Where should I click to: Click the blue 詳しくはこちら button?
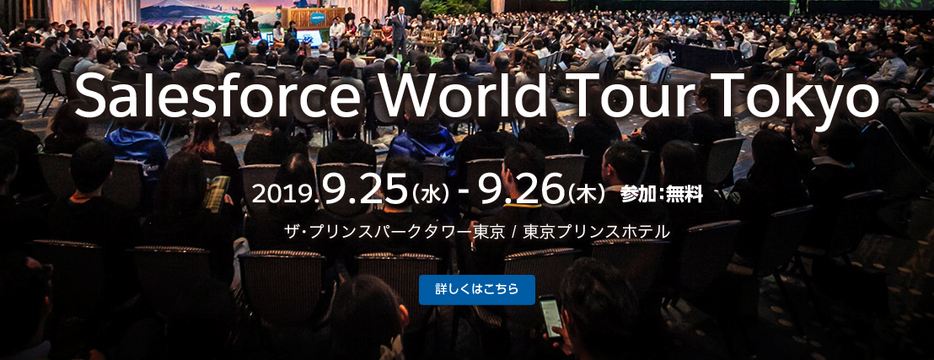(x=476, y=290)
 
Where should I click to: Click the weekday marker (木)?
(x=586, y=195)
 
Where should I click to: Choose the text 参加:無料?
(x=661, y=194)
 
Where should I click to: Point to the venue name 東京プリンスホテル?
(x=596, y=232)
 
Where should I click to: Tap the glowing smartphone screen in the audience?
(x=550, y=316)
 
